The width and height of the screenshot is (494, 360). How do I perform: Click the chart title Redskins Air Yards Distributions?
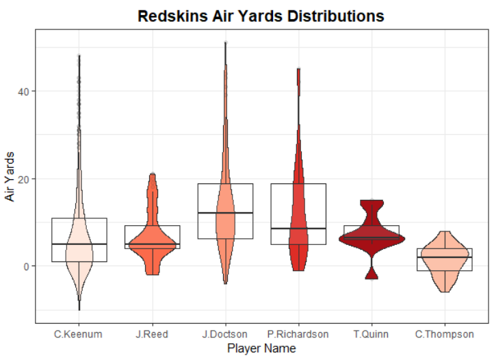tap(261, 16)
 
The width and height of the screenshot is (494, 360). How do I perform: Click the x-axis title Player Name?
tap(261, 349)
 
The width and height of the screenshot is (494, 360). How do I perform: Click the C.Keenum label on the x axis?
tap(79, 334)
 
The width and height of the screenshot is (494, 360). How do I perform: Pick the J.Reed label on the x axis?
tap(152, 334)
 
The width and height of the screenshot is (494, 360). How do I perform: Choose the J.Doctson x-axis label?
tap(225, 334)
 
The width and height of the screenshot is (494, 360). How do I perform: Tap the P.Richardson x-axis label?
tap(298, 334)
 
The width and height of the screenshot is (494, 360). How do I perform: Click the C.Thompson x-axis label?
tap(445, 334)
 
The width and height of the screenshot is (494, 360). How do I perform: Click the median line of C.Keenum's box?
tap(79, 244)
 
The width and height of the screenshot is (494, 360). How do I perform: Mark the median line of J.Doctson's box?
tap(225, 213)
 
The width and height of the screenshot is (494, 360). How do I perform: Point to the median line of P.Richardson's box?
tap(298, 228)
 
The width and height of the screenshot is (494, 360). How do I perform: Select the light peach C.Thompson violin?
tap(445, 263)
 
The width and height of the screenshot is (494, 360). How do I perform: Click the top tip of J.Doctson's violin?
tap(225, 43)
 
